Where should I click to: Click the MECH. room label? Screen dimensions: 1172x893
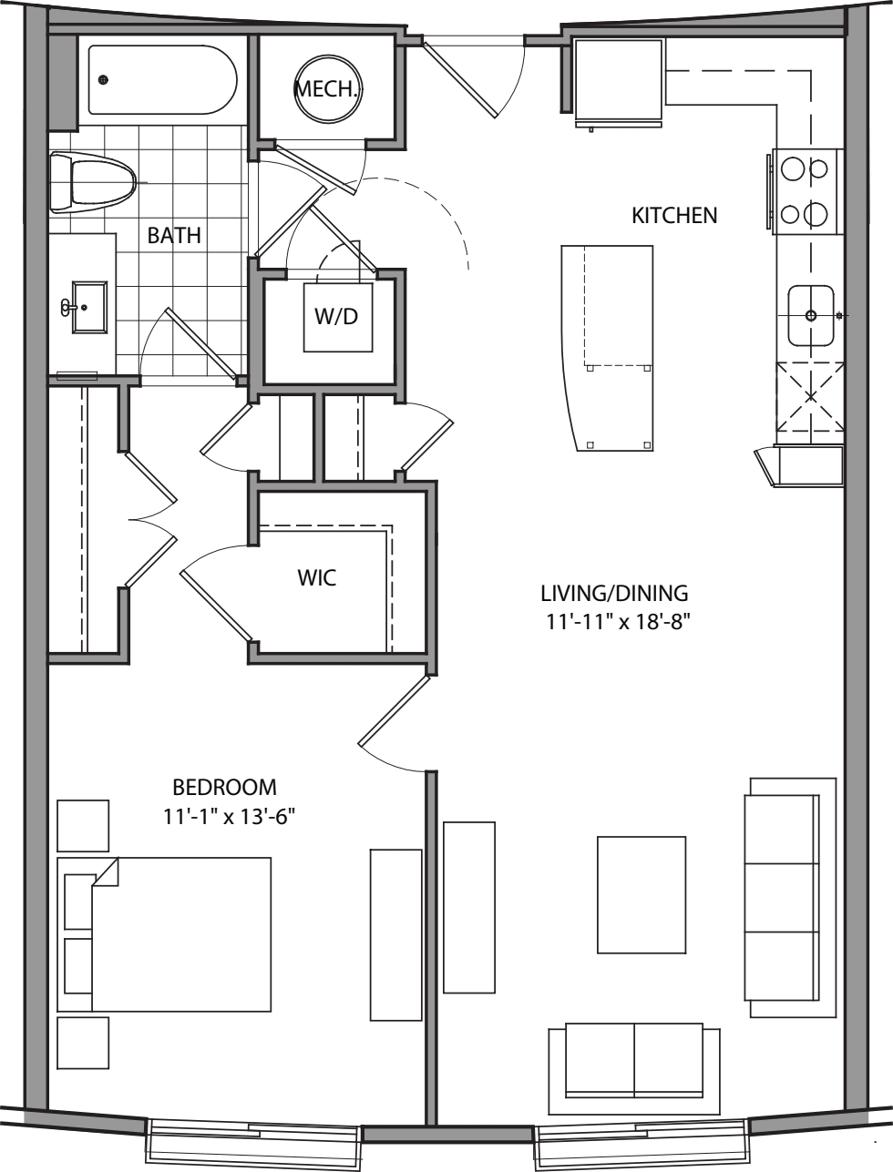pos(326,89)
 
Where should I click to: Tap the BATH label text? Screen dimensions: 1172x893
pos(174,235)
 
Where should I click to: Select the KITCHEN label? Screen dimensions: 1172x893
pos(674,216)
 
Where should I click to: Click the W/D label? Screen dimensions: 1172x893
pos(336,317)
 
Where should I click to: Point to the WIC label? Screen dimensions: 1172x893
pos(316,578)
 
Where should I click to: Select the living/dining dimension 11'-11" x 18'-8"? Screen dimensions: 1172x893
pos(614,623)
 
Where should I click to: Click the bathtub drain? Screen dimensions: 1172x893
pos(104,80)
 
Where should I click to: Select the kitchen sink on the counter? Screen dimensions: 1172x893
pos(811,316)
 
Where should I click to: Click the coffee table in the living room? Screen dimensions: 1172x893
pos(642,894)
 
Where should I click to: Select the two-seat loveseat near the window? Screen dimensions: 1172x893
pos(633,1061)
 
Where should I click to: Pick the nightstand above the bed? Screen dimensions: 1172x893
pos(83,826)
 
